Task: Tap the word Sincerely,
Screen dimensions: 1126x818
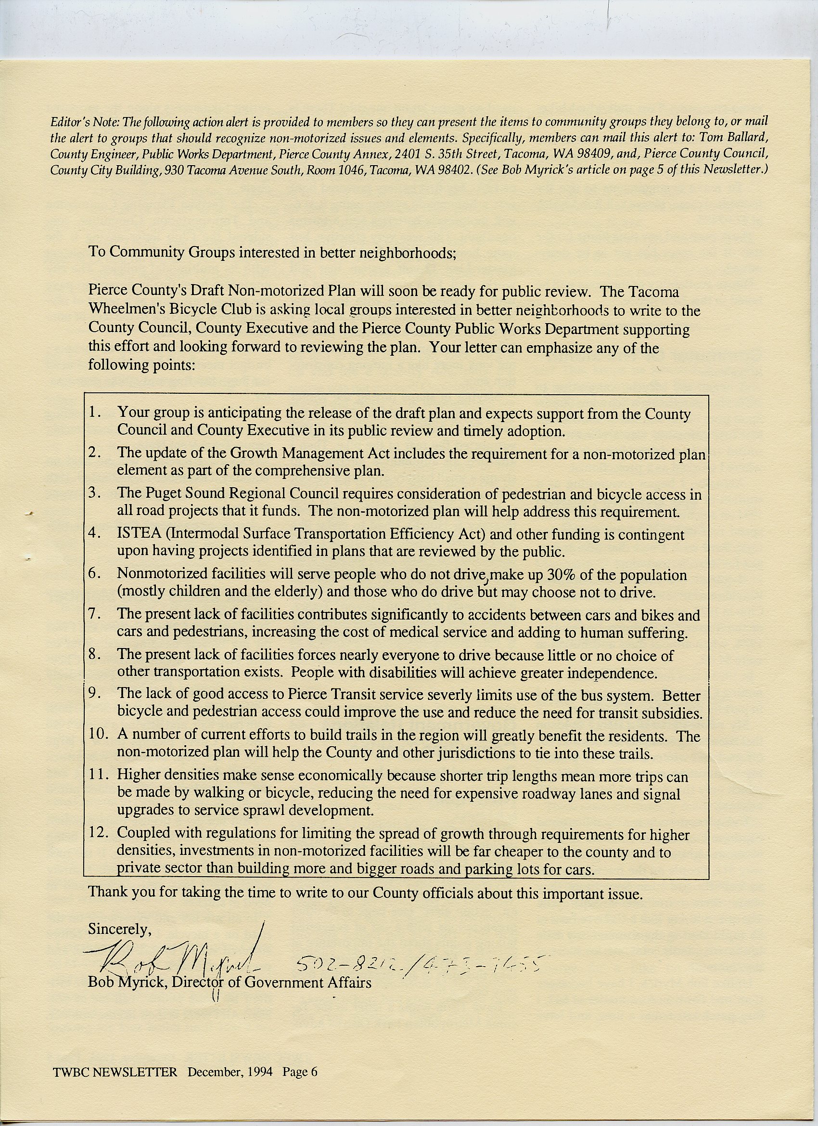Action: coord(119,928)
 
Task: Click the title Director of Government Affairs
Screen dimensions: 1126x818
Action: coord(271,983)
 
